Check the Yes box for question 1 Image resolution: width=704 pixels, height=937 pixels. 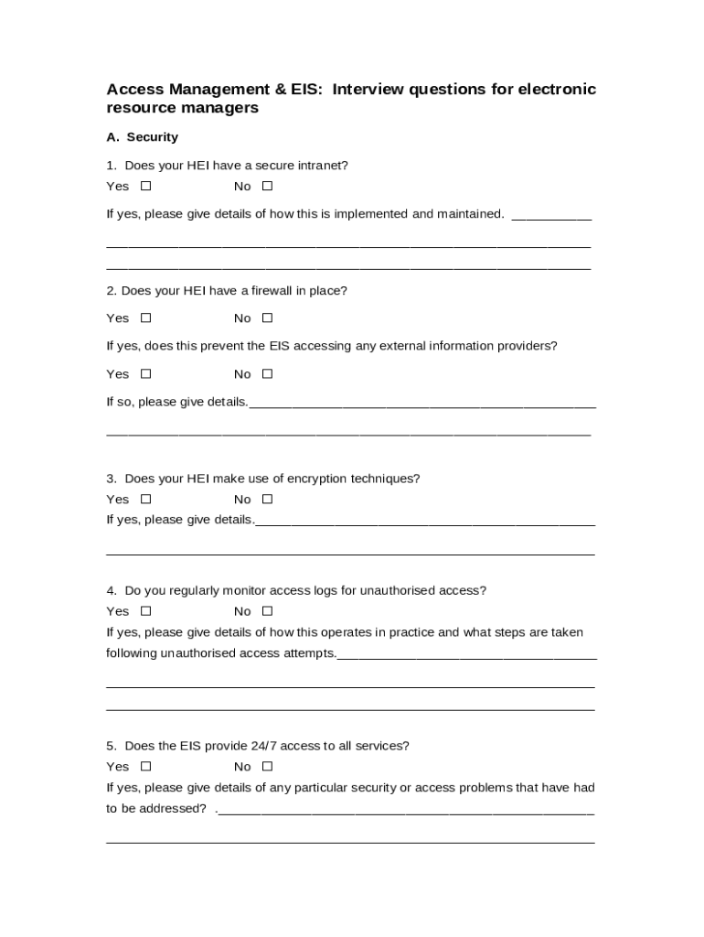[145, 187]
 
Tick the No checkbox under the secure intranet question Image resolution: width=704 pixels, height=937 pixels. [267, 187]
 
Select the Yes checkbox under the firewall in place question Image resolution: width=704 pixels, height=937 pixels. [145, 318]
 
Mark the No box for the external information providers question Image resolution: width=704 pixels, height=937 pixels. [267, 374]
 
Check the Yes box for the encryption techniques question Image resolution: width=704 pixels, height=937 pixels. [145, 500]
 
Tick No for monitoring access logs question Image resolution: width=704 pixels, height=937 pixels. [267, 611]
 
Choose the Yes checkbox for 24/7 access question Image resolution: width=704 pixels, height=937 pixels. [145, 767]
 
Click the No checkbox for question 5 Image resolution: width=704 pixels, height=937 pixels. [267, 767]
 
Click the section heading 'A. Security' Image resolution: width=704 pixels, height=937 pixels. [142, 137]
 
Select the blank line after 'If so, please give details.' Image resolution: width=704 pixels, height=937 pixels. [421, 404]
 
